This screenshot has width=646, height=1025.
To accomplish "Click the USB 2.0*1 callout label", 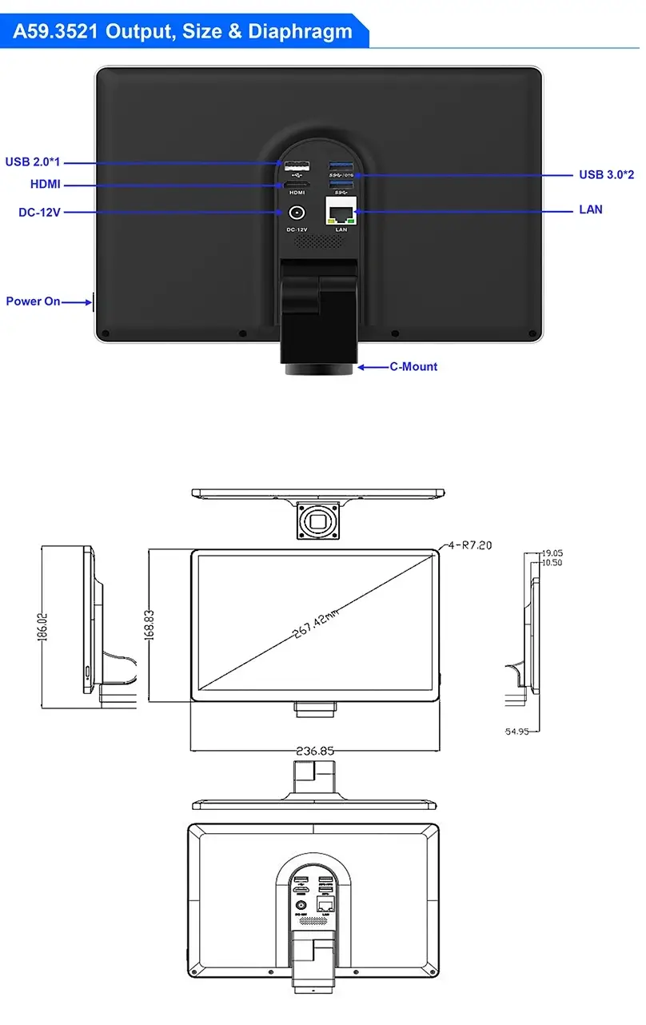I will [33, 162].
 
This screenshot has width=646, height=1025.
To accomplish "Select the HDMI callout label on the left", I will [45, 185].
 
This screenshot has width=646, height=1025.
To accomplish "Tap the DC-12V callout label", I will [39, 213].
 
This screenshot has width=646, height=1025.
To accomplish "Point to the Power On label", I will [33, 301].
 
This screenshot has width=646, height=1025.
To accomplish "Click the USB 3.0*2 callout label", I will [606, 174].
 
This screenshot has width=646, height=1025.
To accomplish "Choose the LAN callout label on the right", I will [590, 209].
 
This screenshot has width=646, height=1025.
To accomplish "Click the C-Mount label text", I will [413, 367].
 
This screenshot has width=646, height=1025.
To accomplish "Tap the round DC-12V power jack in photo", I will [297, 213].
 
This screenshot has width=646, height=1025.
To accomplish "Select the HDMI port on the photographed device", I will [297, 185].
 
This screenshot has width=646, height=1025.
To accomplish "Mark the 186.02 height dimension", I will [43, 626].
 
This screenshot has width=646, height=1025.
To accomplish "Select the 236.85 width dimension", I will [315, 751].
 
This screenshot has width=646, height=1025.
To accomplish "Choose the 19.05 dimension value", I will [552, 552].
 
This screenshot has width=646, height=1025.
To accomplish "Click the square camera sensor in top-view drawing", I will [317, 520].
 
